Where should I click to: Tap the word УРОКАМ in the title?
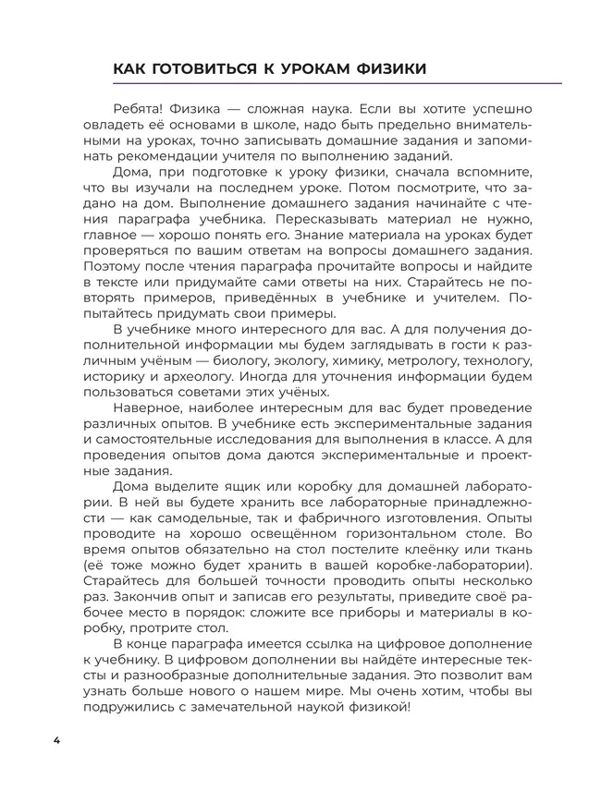pos(288,68)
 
